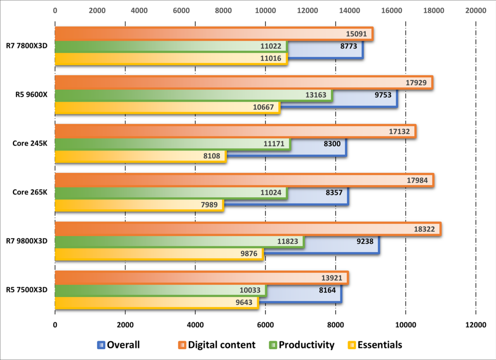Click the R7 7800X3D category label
click(x=26, y=45)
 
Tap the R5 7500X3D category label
click(x=26, y=289)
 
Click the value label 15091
click(x=356, y=34)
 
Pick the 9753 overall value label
click(x=383, y=95)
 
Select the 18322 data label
click(x=424, y=229)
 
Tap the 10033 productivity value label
click(x=250, y=290)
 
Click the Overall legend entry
click(x=119, y=345)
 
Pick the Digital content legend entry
click(x=217, y=345)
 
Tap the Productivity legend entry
click(x=302, y=345)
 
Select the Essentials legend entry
click(x=375, y=345)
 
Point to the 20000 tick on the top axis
click(x=476, y=10)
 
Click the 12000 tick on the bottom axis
click(x=476, y=325)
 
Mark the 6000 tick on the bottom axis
click(x=265, y=325)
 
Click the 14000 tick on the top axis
click(x=349, y=10)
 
